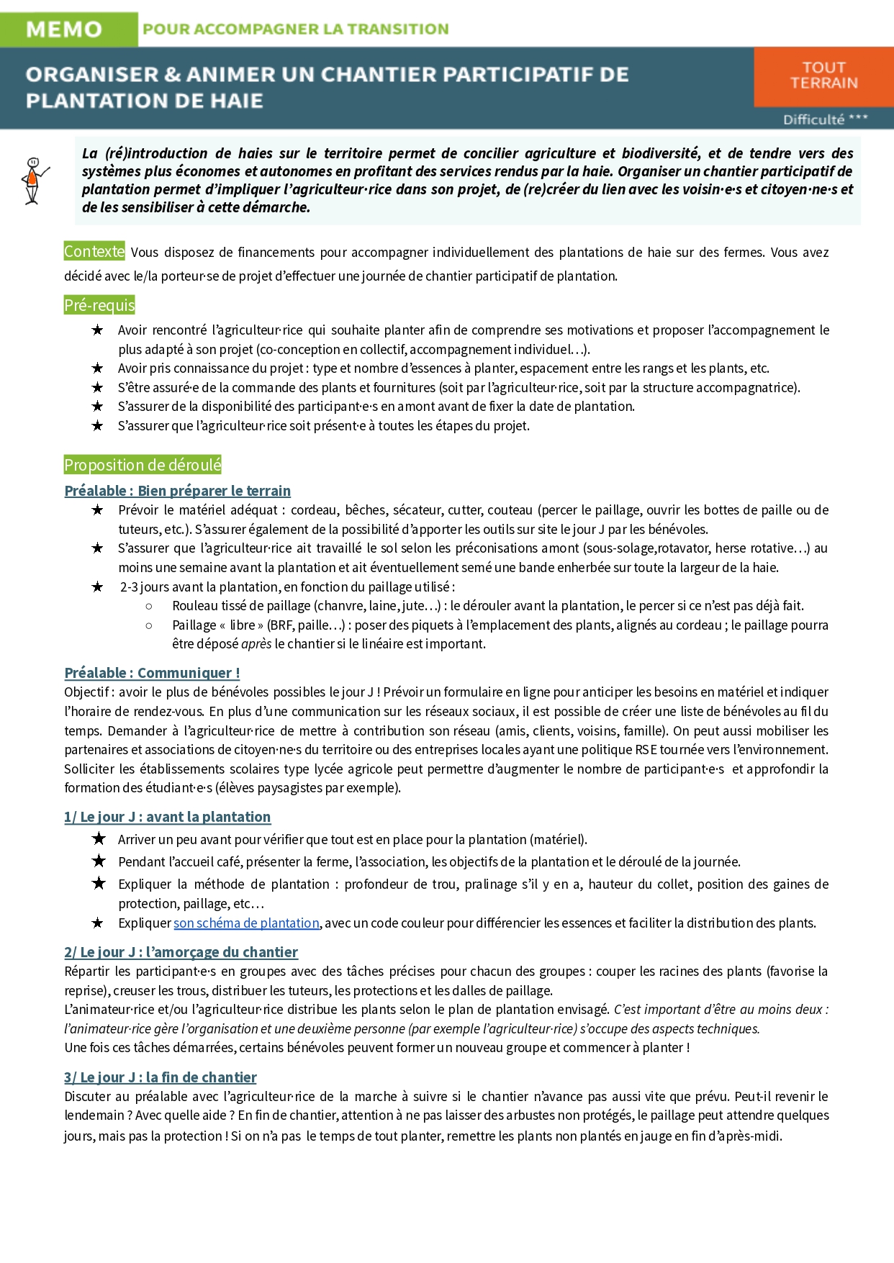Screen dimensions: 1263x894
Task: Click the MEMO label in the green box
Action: pyautogui.click(x=64, y=30)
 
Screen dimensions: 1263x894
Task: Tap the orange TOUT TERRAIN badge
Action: pyautogui.click(x=823, y=76)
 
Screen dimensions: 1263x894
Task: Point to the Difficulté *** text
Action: pyautogui.click(x=825, y=119)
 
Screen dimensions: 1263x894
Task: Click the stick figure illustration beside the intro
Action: pyautogui.click(x=32, y=181)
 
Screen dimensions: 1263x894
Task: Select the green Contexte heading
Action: pyautogui.click(x=94, y=251)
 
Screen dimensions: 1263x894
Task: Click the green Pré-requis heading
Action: pyautogui.click(x=99, y=305)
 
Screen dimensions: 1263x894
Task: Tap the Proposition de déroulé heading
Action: pyautogui.click(x=143, y=465)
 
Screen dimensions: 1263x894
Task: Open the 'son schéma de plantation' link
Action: pyautogui.click(x=246, y=923)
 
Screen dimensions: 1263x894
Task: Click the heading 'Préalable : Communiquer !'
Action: pyautogui.click(x=152, y=673)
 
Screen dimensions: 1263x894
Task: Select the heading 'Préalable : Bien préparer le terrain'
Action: pyautogui.click(x=178, y=491)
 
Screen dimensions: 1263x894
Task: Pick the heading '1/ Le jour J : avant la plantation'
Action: pyautogui.click(x=168, y=817)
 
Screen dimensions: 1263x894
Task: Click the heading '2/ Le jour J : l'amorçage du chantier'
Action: pyautogui.click(x=181, y=952)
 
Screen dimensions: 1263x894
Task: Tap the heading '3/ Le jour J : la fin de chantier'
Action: pyautogui.click(x=161, y=1077)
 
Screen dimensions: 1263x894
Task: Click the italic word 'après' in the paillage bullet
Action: pyautogui.click(x=256, y=644)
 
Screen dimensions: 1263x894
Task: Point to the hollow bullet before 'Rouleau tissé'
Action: pyautogui.click(x=149, y=606)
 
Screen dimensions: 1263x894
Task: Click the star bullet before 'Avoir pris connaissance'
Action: pyautogui.click(x=98, y=368)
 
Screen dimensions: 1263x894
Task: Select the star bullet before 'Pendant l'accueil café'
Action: pyautogui.click(x=99, y=861)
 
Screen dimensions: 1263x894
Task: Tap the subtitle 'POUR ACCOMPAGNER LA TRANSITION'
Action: pyautogui.click(x=295, y=30)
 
